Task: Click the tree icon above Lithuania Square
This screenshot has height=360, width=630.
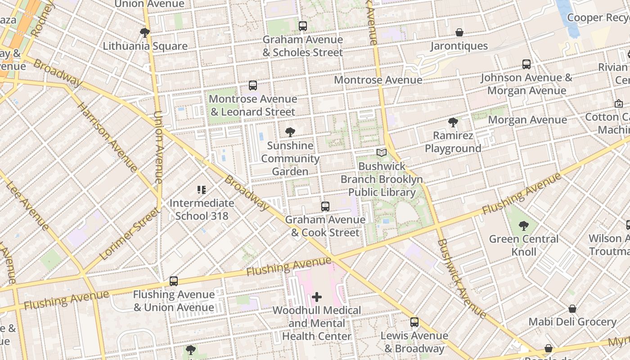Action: click(x=145, y=32)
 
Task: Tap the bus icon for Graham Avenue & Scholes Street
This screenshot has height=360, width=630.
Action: click(x=303, y=26)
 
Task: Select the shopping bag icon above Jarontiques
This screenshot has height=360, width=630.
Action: click(x=459, y=32)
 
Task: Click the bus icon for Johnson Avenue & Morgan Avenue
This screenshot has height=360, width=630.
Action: click(x=526, y=64)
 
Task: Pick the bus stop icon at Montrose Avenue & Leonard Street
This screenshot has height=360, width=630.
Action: click(x=253, y=85)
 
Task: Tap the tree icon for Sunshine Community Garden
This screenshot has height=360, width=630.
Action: click(x=290, y=132)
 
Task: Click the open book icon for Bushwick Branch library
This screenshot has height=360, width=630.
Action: click(x=382, y=153)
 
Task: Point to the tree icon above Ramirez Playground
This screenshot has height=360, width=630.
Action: click(x=453, y=122)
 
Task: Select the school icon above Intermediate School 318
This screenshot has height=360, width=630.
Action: click(x=202, y=190)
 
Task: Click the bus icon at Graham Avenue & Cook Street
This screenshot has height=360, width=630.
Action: click(x=325, y=207)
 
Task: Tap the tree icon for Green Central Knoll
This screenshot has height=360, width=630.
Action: click(x=523, y=225)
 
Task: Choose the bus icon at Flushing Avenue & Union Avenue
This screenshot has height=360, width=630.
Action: click(x=174, y=281)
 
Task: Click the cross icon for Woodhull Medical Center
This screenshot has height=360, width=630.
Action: click(x=317, y=297)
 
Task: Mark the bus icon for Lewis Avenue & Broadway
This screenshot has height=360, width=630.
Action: click(x=414, y=322)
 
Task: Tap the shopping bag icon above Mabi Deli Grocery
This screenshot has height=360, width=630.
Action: click(x=572, y=309)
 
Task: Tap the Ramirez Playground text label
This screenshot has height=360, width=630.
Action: click(x=453, y=142)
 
